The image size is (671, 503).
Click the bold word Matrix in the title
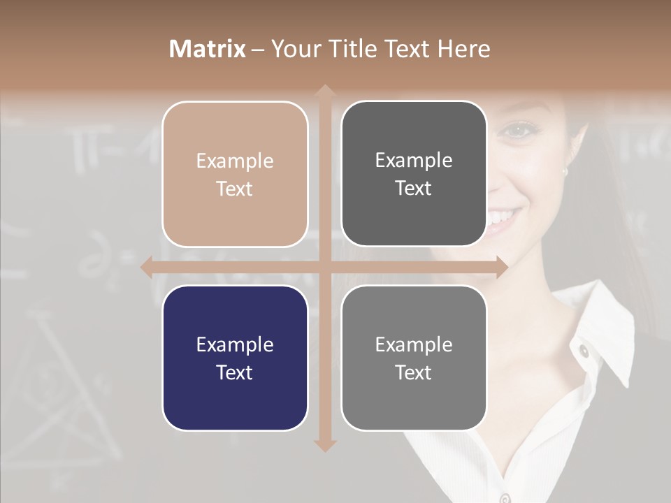(207, 49)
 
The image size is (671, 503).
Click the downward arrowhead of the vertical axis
(324, 445)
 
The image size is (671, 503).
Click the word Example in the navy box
(235, 344)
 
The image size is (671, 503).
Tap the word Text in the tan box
(235, 189)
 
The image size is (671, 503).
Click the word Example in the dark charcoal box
(414, 161)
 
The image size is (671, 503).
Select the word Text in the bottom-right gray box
(414, 372)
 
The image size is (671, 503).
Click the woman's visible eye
(517, 130)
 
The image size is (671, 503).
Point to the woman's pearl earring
(565, 170)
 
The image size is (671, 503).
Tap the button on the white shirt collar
(582, 350)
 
